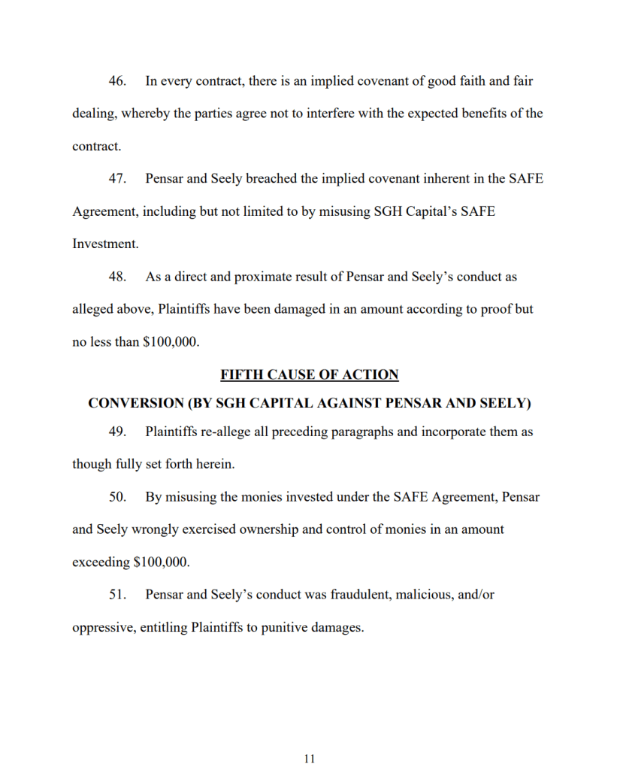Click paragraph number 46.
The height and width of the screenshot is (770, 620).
116,81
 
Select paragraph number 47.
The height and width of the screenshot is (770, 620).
116,179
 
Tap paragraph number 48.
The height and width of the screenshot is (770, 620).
116,277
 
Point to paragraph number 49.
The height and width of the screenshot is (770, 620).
116,432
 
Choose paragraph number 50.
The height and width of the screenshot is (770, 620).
116,497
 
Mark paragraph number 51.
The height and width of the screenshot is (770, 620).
116,595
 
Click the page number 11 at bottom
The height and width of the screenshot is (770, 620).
310,759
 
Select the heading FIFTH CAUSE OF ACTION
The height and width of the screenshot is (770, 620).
310,374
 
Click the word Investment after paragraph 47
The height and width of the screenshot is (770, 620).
105,244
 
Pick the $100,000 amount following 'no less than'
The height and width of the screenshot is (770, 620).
171,342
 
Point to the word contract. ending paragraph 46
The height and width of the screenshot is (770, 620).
96,147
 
